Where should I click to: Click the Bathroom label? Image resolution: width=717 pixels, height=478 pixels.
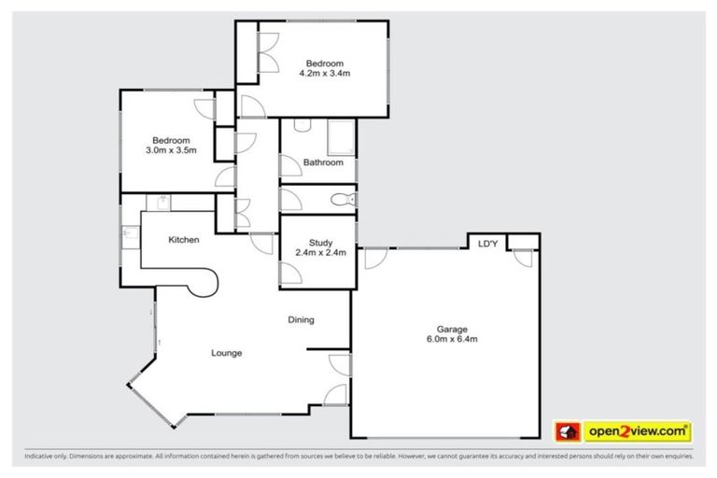(323, 162)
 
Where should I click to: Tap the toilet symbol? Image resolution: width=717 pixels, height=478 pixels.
(342, 198)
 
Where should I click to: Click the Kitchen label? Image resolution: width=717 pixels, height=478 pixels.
(183, 240)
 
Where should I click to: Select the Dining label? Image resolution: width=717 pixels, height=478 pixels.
(301, 320)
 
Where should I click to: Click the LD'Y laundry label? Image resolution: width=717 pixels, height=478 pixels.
(486, 245)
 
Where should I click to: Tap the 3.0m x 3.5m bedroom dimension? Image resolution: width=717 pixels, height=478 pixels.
(171, 149)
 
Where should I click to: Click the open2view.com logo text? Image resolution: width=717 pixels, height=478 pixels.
(637, 431)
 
